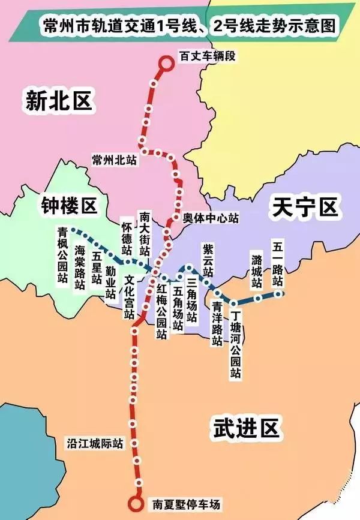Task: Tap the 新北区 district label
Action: coord(59,100)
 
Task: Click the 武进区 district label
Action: coord(247,429)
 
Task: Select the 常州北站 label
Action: coord(114,160)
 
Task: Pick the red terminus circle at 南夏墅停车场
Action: coord(137,504)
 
